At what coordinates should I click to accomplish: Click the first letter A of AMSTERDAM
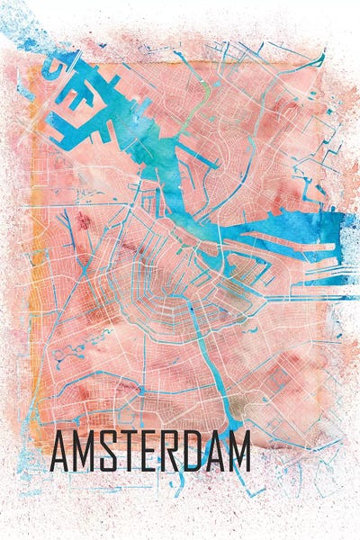(60, 453)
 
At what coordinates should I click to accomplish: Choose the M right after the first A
(85, 453)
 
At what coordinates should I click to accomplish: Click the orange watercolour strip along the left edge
(34, 270)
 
